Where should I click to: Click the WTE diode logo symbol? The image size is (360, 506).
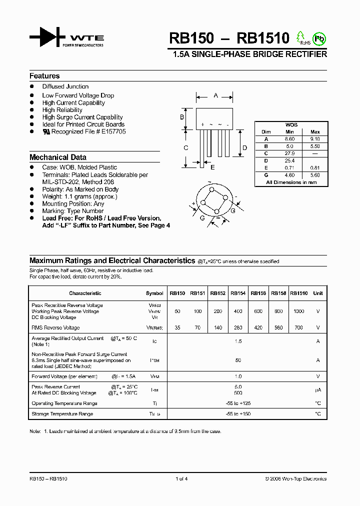(x=47, y=37)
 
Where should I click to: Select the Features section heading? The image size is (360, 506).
(x=44, y=76)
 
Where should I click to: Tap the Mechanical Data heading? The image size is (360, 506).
(x=58, y=157)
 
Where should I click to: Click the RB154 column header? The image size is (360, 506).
(x=238, y=293)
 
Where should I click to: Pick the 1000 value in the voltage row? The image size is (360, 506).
(x=298, y=311)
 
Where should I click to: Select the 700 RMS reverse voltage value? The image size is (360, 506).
(x=298, y=328)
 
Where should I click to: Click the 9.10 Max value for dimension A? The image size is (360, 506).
(x=315, y=139)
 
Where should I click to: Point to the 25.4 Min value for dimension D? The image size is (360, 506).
(x=289, y=160)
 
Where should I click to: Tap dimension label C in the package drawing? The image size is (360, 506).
(x=185, y=148)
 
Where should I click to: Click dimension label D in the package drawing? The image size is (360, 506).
(x=244, y=147)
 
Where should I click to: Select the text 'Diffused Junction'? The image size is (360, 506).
(x=65, y=86)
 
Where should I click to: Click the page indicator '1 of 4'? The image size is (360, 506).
(x=181, y=478)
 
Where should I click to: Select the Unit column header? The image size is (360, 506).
(x=318, y=293)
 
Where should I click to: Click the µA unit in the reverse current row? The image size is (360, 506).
(x=318, y=390)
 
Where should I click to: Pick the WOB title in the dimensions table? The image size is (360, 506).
(x=291, y=124)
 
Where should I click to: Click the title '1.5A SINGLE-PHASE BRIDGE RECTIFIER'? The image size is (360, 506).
(x=249, y=54)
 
